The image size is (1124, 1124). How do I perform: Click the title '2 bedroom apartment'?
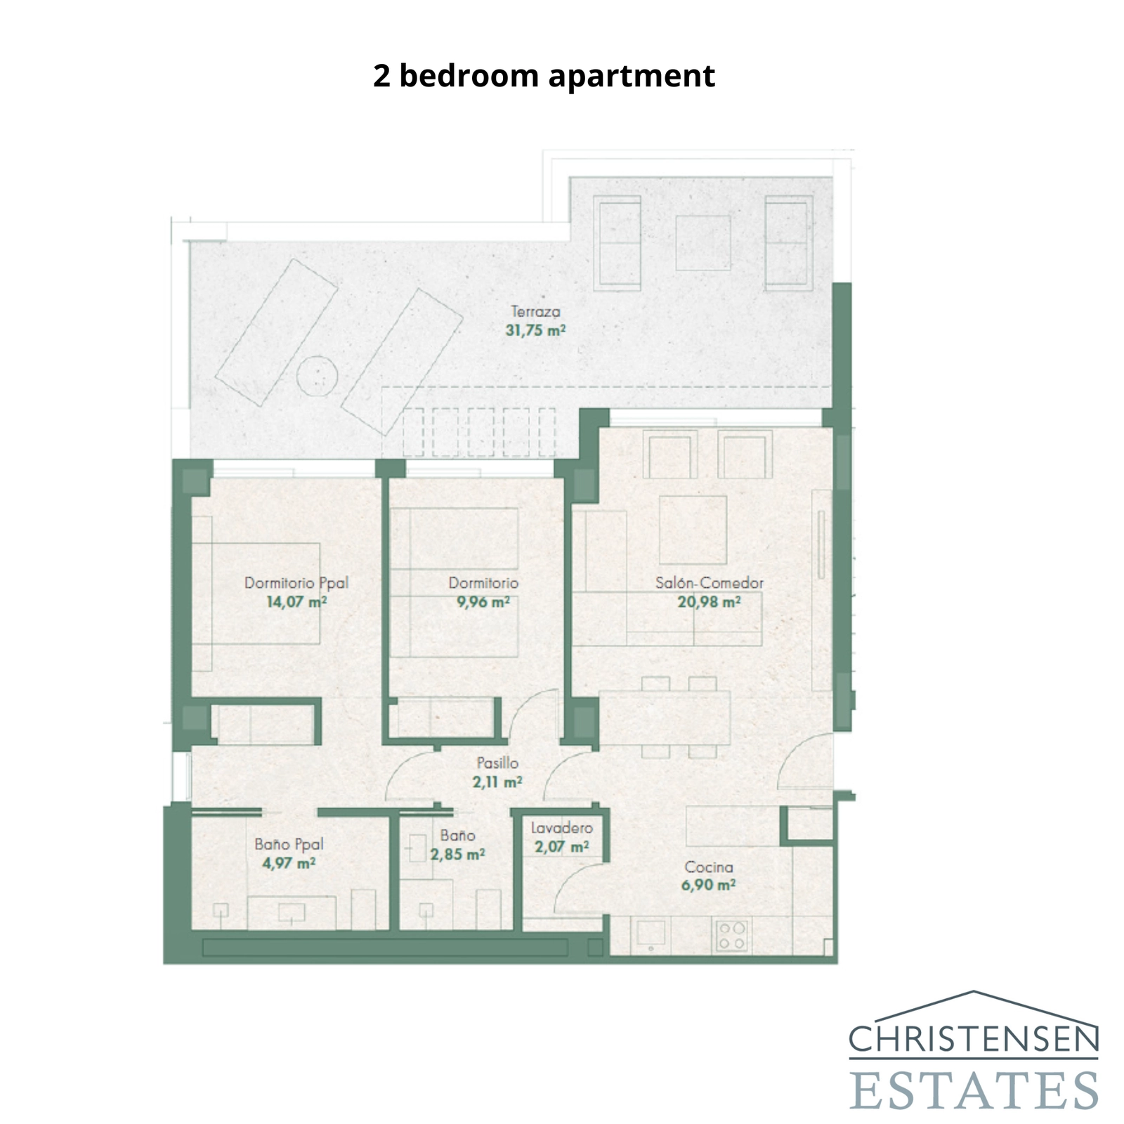[544, 76]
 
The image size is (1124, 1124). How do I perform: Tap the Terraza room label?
[535, 311]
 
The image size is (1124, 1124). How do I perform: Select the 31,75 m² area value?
[535, 330]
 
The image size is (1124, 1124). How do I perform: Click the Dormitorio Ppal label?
[296, 582]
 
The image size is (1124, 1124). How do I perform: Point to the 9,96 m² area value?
[483, 602]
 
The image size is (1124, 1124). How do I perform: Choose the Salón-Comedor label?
[709, 582]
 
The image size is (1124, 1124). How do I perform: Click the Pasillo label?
[497, 763]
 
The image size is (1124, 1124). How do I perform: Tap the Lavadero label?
[561, 828]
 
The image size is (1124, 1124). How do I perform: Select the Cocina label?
[709, 868]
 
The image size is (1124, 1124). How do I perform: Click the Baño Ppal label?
[289, 844]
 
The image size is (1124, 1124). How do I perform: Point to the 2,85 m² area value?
[457, 855]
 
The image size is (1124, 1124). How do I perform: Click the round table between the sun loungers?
[317, 376]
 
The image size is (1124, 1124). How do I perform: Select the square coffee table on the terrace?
[702, 242]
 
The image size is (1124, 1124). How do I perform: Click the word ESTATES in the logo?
[973, 1090]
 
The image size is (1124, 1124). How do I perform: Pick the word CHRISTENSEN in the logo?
[973, 1039]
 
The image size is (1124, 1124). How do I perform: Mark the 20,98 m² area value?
[709, 602]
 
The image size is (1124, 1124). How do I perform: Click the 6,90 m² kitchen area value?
[708, 885]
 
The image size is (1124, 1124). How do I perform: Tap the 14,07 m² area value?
[296, 602]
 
